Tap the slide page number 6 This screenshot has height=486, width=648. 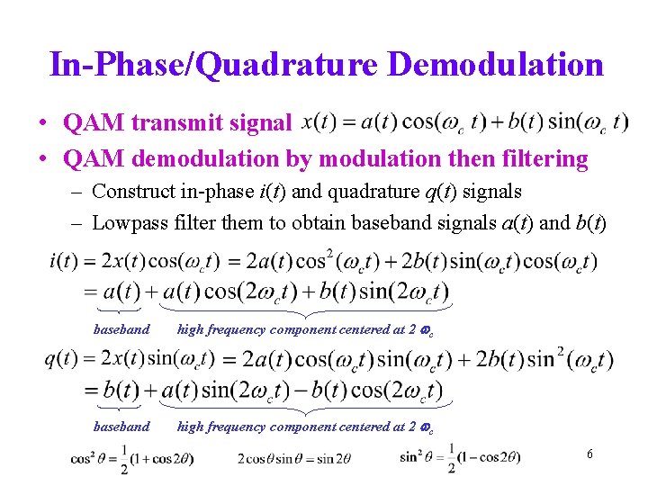click(589, 454)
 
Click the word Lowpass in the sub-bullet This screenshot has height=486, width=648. click(130, 223)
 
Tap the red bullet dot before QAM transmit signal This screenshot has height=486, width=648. click(42, 122)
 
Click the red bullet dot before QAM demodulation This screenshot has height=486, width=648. click(42, 159)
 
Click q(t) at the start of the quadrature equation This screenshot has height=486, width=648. click(60, 359)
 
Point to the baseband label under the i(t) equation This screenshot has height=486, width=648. click(121, 329)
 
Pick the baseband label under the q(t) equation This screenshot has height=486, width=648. click(121, 427)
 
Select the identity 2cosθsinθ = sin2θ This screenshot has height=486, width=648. click(294, 458)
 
